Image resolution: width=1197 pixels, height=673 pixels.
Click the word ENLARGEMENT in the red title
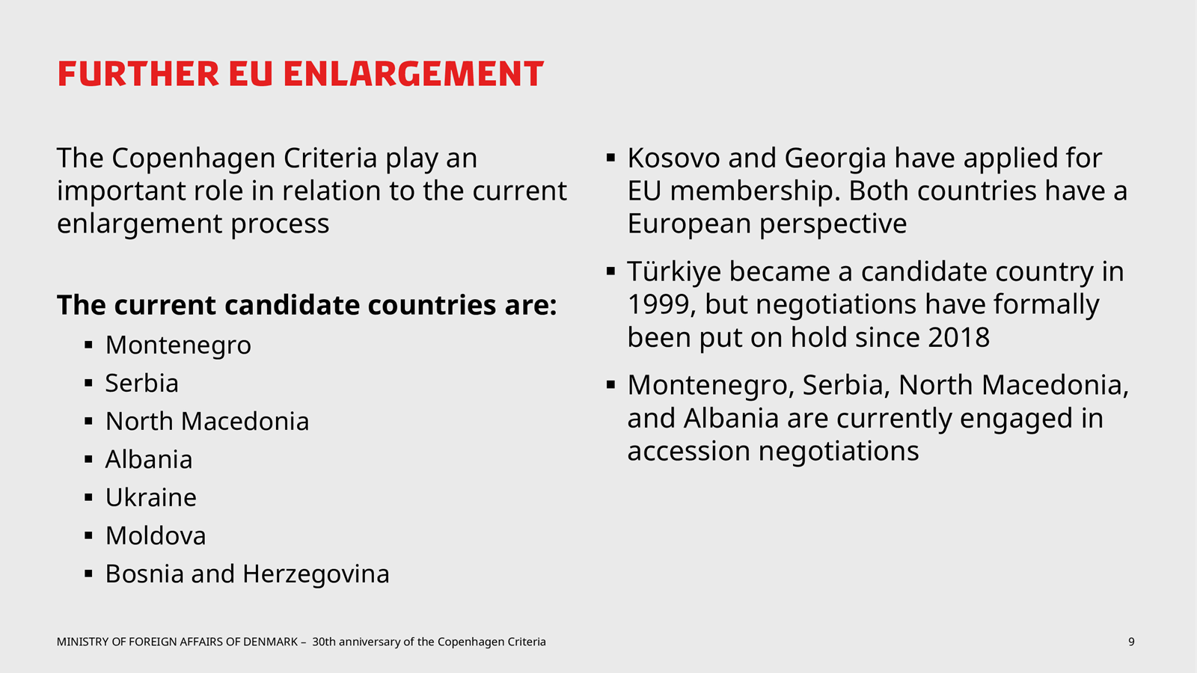(x=413, y=74)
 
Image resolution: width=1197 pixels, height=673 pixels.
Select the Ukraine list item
(x=150, y=497)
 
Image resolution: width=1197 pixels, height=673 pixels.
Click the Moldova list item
(x=156, y=535)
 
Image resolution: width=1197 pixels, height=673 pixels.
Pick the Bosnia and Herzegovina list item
(x=248, y=574)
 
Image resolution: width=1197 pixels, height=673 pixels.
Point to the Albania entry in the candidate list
(x=149, y=459)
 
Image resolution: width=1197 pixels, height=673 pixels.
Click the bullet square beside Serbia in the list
(x=89, y=383)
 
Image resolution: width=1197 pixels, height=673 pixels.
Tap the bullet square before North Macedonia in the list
(x=89, y=421)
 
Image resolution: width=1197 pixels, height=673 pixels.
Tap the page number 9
(x=1131, y=642)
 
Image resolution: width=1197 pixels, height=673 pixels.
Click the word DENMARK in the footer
(x=270, y=642)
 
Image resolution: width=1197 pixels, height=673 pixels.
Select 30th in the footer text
(x=324, y=642)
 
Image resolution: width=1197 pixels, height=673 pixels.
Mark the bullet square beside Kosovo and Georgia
(x=610, y=158)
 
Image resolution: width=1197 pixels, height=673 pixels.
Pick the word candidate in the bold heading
(x=293, y=306)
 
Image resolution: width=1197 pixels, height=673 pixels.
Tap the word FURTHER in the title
(x=138, y=74)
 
